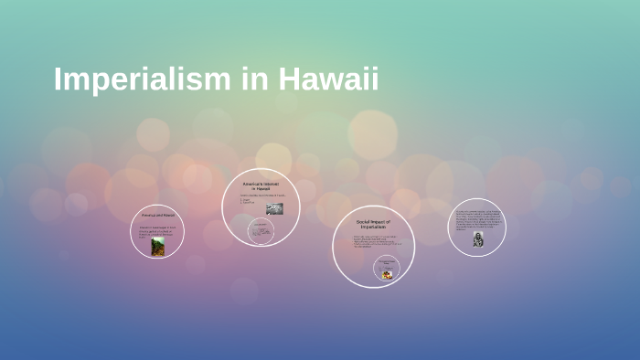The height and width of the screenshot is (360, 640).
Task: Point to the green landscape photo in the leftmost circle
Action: (157, 247)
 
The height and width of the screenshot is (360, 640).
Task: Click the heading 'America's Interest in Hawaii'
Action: (261, 186)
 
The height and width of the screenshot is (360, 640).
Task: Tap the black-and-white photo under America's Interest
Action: (274, 208)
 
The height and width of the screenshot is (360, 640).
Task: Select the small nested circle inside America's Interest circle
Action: (261, 230)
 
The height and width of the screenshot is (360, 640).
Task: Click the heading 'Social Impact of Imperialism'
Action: (373, 224)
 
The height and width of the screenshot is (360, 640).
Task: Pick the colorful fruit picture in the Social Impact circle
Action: (386, 271)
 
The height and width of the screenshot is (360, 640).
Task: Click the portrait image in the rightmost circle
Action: (477, 239)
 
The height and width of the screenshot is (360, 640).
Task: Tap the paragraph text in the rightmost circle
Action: (477, 221)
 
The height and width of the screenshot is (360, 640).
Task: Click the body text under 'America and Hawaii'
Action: (156, 230)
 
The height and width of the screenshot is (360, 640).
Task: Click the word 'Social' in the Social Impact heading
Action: (365, 221)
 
